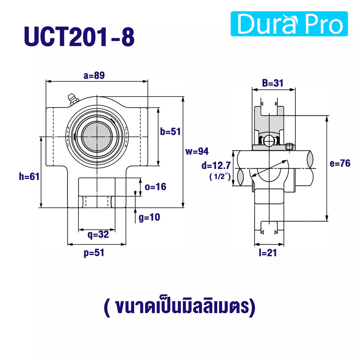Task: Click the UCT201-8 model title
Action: (x=79, y=37)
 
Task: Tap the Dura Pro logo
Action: (x=289, y=24)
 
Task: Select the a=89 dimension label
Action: (x=94, y=75)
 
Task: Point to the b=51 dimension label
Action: (x=171, y=131)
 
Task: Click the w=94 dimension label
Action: (x=197, y=151)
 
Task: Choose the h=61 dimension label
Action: (x=29, y=176)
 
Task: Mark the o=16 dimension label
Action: (x=155, y=187)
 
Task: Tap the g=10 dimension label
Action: (x=149, y=217)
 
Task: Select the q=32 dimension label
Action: (x=98, y=234)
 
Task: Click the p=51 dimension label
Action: (x=94, y=253)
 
